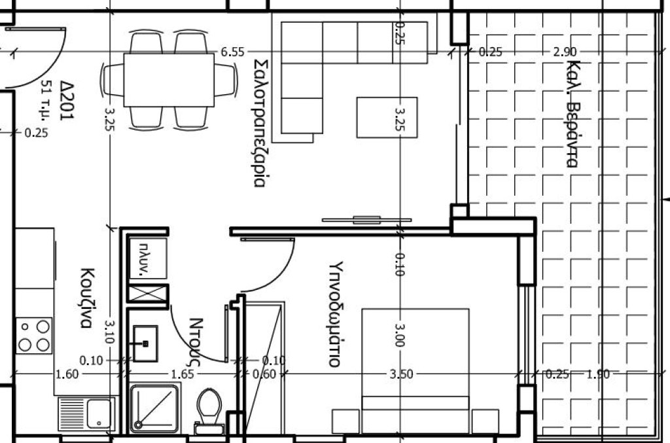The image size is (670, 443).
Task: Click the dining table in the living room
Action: [x=169, y=80]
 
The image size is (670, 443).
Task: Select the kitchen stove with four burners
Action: [x=34, y=335]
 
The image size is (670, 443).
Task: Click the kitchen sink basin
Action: [x=99, y=414]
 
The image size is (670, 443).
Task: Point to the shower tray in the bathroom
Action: [x=154, y=408]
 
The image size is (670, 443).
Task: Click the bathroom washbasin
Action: [x=145, y=343]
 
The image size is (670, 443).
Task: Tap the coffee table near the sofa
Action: [x=387, y=118]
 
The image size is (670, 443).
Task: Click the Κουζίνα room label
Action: [x=86, y=298]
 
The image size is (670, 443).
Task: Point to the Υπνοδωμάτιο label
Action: [x=336, y=314]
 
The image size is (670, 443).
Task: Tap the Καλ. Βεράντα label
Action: [x=573, y=114]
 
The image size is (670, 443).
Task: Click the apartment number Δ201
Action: [x=68, y=101]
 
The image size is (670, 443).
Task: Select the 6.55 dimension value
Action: [x=232, y=52]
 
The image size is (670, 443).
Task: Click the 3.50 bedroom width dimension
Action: [x=401, y=374]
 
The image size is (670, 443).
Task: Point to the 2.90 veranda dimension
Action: [x=565, y=52]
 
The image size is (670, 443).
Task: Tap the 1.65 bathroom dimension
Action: [x=183, y=375]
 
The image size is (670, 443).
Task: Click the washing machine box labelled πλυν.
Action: [x=148, y=258]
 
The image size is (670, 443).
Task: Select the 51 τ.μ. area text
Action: [x=45, y=101]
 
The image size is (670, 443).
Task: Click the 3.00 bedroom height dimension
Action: [x=400, y=335]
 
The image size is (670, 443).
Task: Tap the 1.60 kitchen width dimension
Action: [x=67, y=375]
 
